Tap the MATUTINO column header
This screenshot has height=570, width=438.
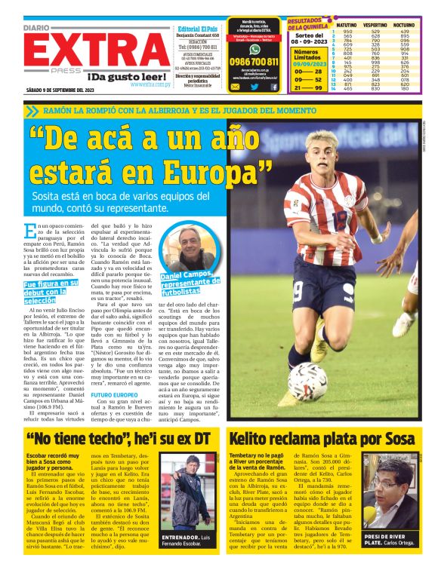tap(347, 25)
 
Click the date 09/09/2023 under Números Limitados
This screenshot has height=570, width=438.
tap(307, 65)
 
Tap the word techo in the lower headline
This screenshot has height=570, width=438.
tap(107, 439)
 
